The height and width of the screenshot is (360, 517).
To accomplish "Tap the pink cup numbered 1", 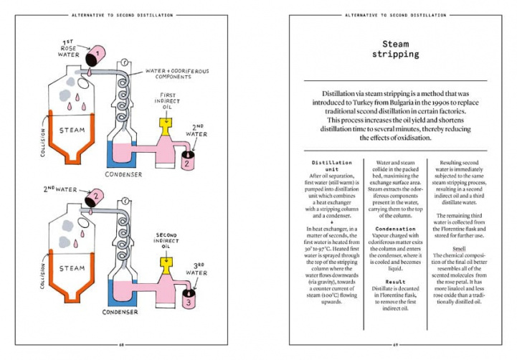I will [95, 53].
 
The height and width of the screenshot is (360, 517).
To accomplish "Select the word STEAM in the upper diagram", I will [72, 131].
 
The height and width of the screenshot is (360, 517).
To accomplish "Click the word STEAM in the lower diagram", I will [72, 269].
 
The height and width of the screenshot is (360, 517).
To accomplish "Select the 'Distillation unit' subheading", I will [329, 166].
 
